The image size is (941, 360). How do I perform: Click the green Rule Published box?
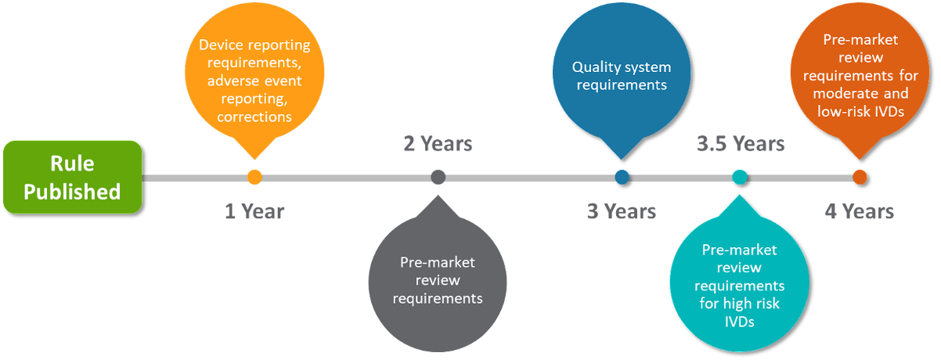click(x=72, y=177)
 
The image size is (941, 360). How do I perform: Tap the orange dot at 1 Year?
click(x=254, y=177)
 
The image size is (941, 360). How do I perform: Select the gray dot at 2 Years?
click(x=438, y=177)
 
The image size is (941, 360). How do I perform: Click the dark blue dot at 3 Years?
click(x=622, y=177)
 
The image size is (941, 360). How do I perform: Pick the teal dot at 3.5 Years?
click(x=740, y=177)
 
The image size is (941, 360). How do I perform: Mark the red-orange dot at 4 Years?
click(x=860, y=177)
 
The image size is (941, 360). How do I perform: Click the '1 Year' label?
click(x=254, y=211)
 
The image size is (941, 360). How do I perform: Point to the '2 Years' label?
click(x=438, y=144)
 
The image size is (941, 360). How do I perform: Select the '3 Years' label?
click(x=622, y=211)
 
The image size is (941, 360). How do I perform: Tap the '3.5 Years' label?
click(x=741, y=144)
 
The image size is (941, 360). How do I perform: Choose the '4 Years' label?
click(x=859, y=211)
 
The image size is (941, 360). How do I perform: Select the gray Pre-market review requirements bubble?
click(x=437, y=282)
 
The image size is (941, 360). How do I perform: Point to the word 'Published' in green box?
click(x=72, y=192)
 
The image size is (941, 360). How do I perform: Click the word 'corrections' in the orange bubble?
click(x=254, y=117)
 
